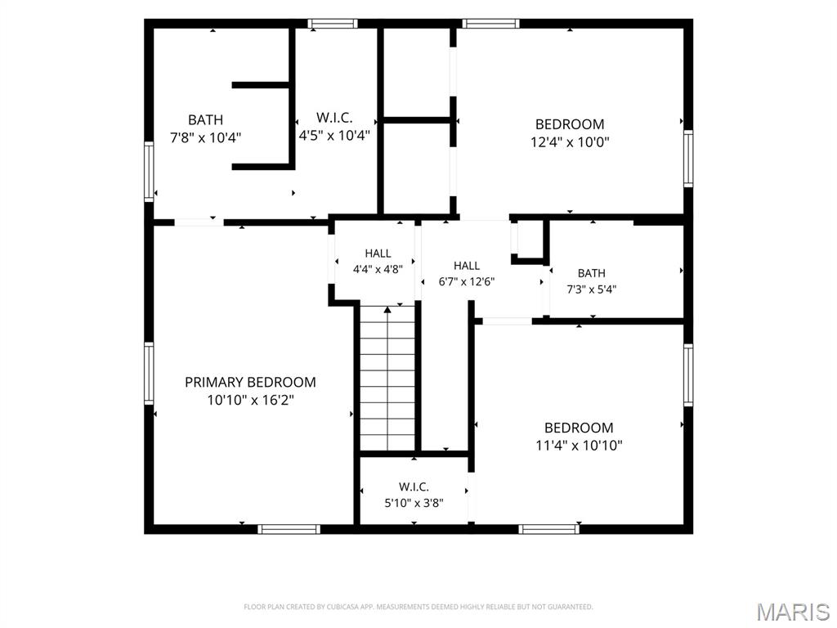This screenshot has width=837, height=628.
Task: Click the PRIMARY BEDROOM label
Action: (250, 383)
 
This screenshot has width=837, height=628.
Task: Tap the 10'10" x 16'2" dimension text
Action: (250, 400)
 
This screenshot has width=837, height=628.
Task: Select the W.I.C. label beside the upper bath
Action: (334, 118)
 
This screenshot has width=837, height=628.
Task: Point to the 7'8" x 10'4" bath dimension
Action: (205, 137)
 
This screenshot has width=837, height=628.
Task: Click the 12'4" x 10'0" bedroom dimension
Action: (570, 142)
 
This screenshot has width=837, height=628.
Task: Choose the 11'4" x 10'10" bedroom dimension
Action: (580, 446)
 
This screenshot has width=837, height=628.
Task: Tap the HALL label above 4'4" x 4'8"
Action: (378, 253)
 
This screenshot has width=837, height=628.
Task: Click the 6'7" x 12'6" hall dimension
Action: (467, 281)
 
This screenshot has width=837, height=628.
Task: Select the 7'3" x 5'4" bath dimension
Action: (592, 289)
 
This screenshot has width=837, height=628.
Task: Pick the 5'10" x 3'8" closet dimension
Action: (414, 503)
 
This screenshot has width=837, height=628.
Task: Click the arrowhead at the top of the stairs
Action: (387, 309)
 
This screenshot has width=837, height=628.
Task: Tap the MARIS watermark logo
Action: (793, 612)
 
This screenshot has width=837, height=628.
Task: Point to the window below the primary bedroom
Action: (289, 529)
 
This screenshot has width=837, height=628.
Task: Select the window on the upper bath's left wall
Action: (149, 172)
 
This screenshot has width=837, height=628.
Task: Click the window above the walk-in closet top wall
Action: (333, 24)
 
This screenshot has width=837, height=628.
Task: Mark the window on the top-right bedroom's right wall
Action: (688, 159)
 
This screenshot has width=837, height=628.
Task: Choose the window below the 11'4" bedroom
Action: (548, 529)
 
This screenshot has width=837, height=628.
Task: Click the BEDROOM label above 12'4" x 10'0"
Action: (570, 124)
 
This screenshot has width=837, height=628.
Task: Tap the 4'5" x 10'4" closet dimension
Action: (334, 136)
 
